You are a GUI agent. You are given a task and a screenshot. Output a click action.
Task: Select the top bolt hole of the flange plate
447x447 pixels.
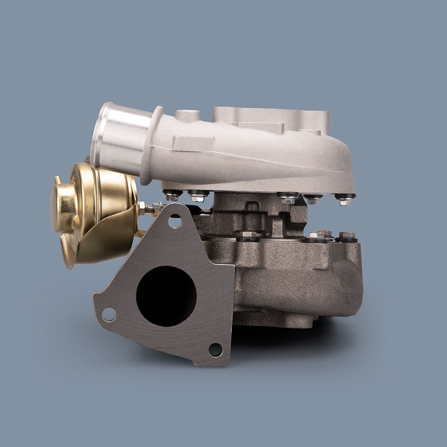tap(175, 221)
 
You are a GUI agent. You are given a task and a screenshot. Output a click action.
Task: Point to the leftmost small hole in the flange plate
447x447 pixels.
tap(109, 314)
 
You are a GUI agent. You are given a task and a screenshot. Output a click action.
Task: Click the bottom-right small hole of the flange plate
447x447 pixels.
tap(215, 350)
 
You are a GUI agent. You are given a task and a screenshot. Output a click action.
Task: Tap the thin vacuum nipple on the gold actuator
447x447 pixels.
tap(57, 181)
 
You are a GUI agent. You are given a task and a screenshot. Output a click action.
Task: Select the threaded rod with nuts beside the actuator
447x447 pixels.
tap(150, 208)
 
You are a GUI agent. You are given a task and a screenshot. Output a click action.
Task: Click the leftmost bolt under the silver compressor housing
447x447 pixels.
tap(172, 195)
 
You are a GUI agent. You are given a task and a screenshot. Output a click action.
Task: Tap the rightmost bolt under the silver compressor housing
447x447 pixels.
tap(345, 199)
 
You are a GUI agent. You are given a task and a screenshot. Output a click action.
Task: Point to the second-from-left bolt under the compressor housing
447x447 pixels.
tap(198, 195)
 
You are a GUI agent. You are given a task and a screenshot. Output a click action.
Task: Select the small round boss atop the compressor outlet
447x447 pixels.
tap(187, 115)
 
